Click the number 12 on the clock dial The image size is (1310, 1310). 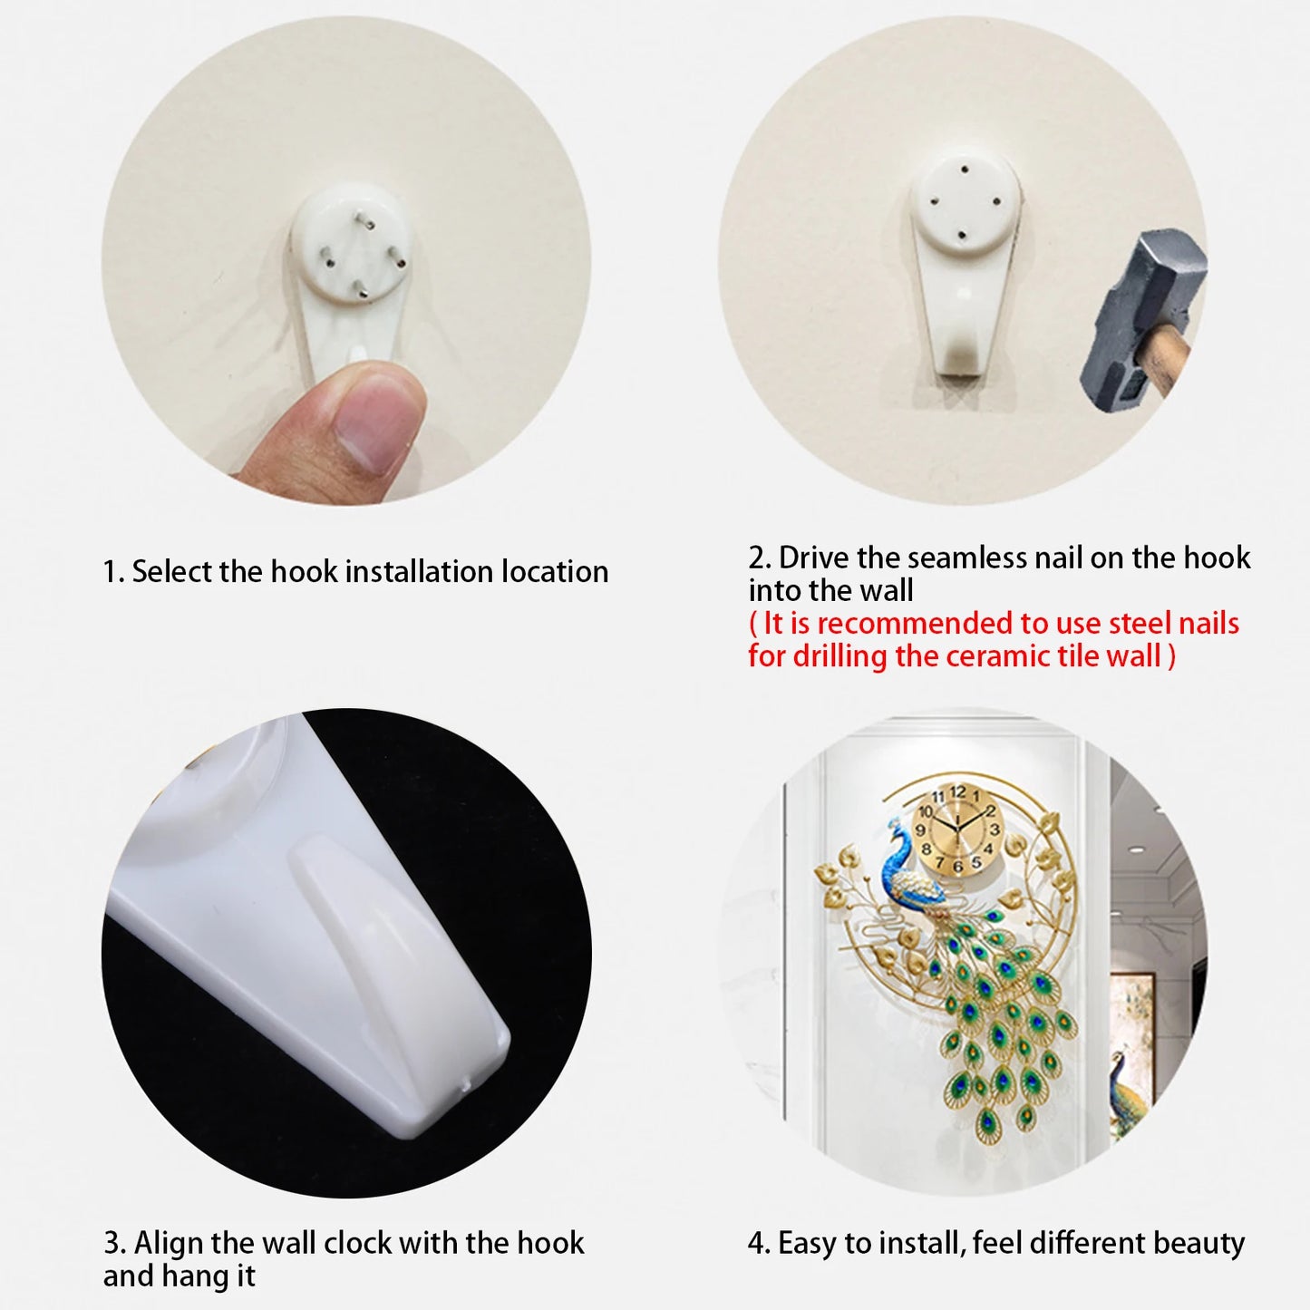click(x=958, y=792)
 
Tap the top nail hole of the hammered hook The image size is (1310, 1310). click(x=964, y=167)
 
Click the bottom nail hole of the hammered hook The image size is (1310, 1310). click(x=962, y=235)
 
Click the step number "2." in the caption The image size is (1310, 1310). click(x=760, y=558)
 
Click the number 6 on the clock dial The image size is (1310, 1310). click(x=957, y=867)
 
